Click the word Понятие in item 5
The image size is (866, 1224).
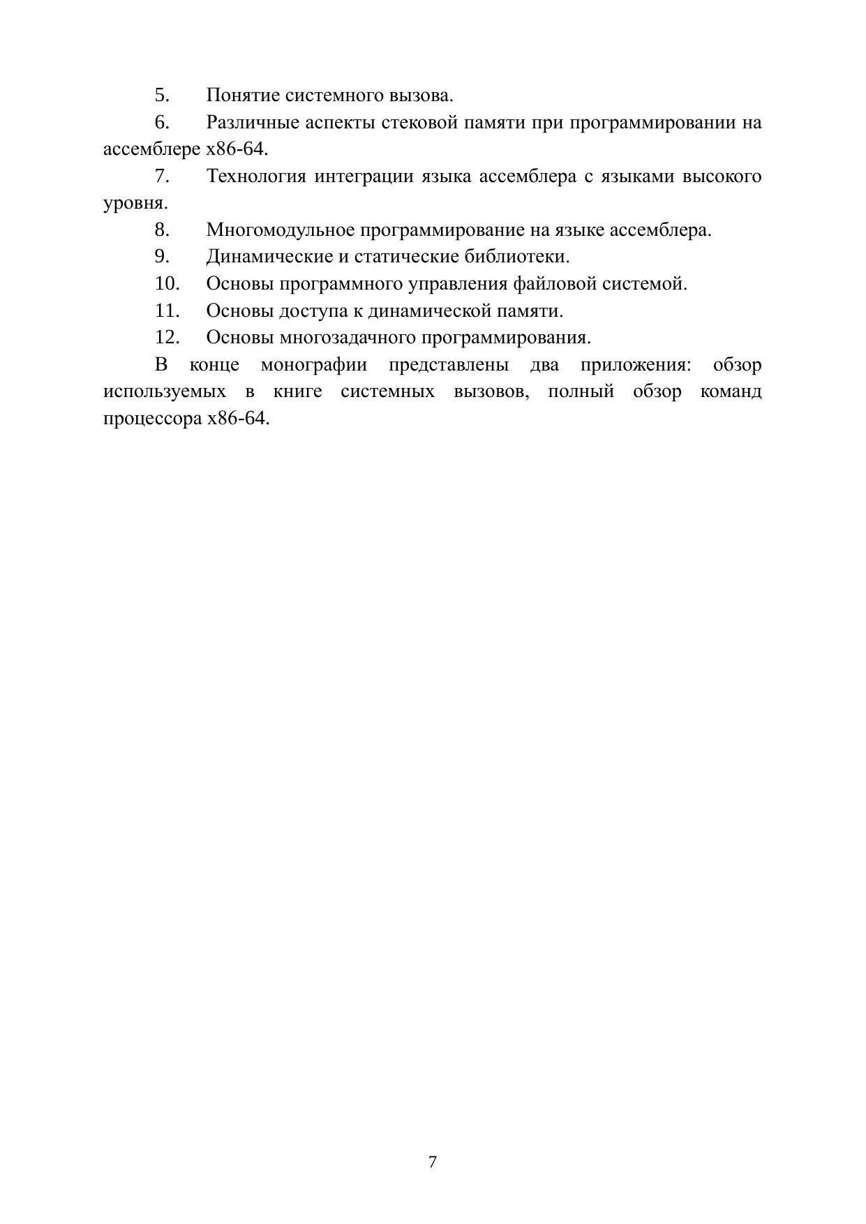coord(241,96)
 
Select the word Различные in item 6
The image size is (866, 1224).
coord(252,123)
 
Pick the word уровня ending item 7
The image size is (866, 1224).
coord(134,204)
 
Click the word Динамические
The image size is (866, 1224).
coord(269,257)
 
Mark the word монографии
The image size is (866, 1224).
coord(313,365)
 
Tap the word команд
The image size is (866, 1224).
coord(731,391)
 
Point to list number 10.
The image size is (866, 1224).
coord(167,284)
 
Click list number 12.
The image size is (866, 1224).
coord(167,338)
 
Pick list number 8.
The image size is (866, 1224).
coord(162,230)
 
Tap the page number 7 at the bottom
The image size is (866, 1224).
coord(433,1162)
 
